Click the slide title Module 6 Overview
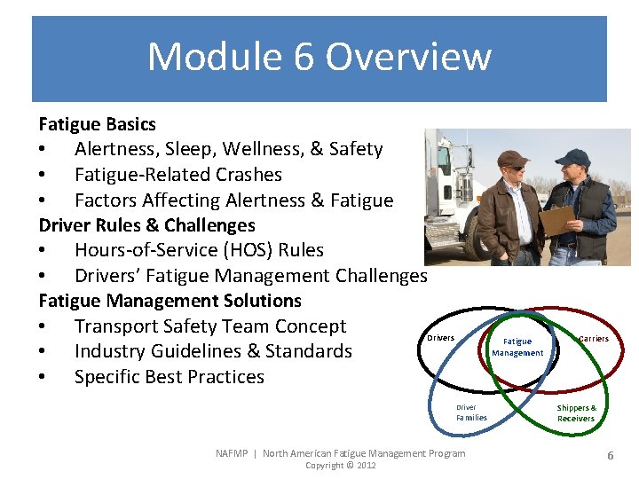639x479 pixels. pos(319,57)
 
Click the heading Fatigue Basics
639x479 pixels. pos(97,124)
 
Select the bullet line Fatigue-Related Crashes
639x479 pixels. pos(177,175)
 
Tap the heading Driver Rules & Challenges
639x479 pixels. pos(146,225)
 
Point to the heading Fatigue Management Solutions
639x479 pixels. pos(170,301)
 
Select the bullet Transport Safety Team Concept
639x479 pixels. pos(209,326)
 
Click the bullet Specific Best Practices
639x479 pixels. pos(169,377)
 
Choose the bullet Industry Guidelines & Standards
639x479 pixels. pos(213,351)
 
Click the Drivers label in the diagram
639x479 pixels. pos(440,338)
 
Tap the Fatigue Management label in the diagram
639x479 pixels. pos(517,347)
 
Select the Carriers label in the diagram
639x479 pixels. pos(594,339)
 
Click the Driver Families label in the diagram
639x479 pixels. pos(470,412)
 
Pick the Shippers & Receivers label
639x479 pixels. pos(576,413)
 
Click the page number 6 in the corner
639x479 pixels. pos(610,455)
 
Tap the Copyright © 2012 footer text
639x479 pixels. pos(340,466)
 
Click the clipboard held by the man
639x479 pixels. pos(557,220)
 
